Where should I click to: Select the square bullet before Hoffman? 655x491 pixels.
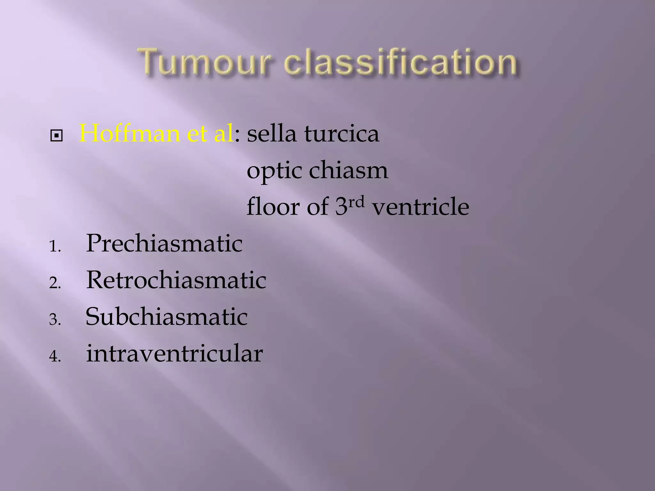click(56, 136)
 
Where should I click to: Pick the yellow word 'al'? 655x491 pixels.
click(224, 134)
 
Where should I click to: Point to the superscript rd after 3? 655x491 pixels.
click(356, 202)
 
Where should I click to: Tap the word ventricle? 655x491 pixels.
click(420, 207)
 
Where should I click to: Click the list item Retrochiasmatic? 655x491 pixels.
click(176, 280)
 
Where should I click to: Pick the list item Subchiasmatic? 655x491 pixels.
click(167, 317)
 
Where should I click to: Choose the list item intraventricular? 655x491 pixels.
click(175, 354)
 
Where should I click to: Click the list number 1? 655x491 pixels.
click(54, 247)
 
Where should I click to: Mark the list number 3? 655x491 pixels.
click(54, 320)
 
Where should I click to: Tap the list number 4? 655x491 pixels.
click(54, 357)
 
